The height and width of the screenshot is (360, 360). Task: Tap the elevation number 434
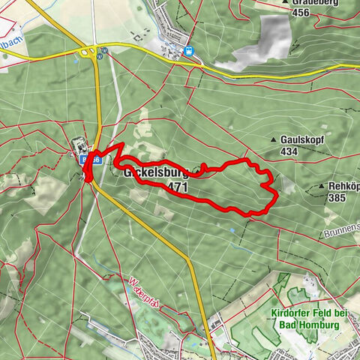click(x=288, y=151)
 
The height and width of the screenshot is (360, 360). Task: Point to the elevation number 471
click(x=178, y=186)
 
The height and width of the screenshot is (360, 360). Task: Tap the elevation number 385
click(x=338, y=199)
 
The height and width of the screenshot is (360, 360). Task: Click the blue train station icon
click(x=188, y=52)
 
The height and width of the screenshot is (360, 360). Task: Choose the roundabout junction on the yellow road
click(x=88, y=52)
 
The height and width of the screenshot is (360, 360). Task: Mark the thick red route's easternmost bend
click(x=277, y=195)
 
